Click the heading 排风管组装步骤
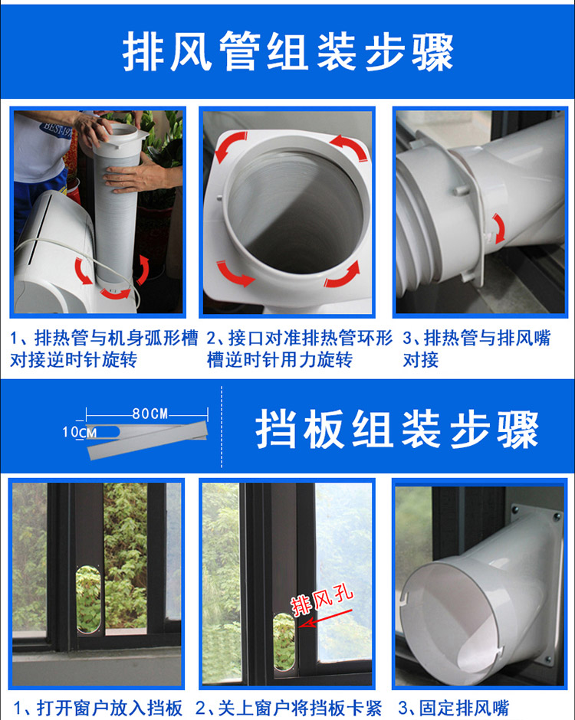pos(287,51)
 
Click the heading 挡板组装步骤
pos(396,429)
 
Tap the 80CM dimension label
pos(150,414)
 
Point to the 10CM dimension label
pos(80,432)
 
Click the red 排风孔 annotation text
pos(322,599)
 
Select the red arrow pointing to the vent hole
pos(325,617)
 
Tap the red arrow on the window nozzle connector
pos(498,227)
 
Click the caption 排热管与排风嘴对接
pos(476,349)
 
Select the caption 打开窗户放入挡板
pos(98,708)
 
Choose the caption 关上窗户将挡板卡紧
pos(288,708)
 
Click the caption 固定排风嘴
pos(454,708)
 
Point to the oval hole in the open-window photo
pos(89,600)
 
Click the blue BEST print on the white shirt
pos(56,130)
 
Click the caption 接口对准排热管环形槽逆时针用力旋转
pos(299,349)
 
